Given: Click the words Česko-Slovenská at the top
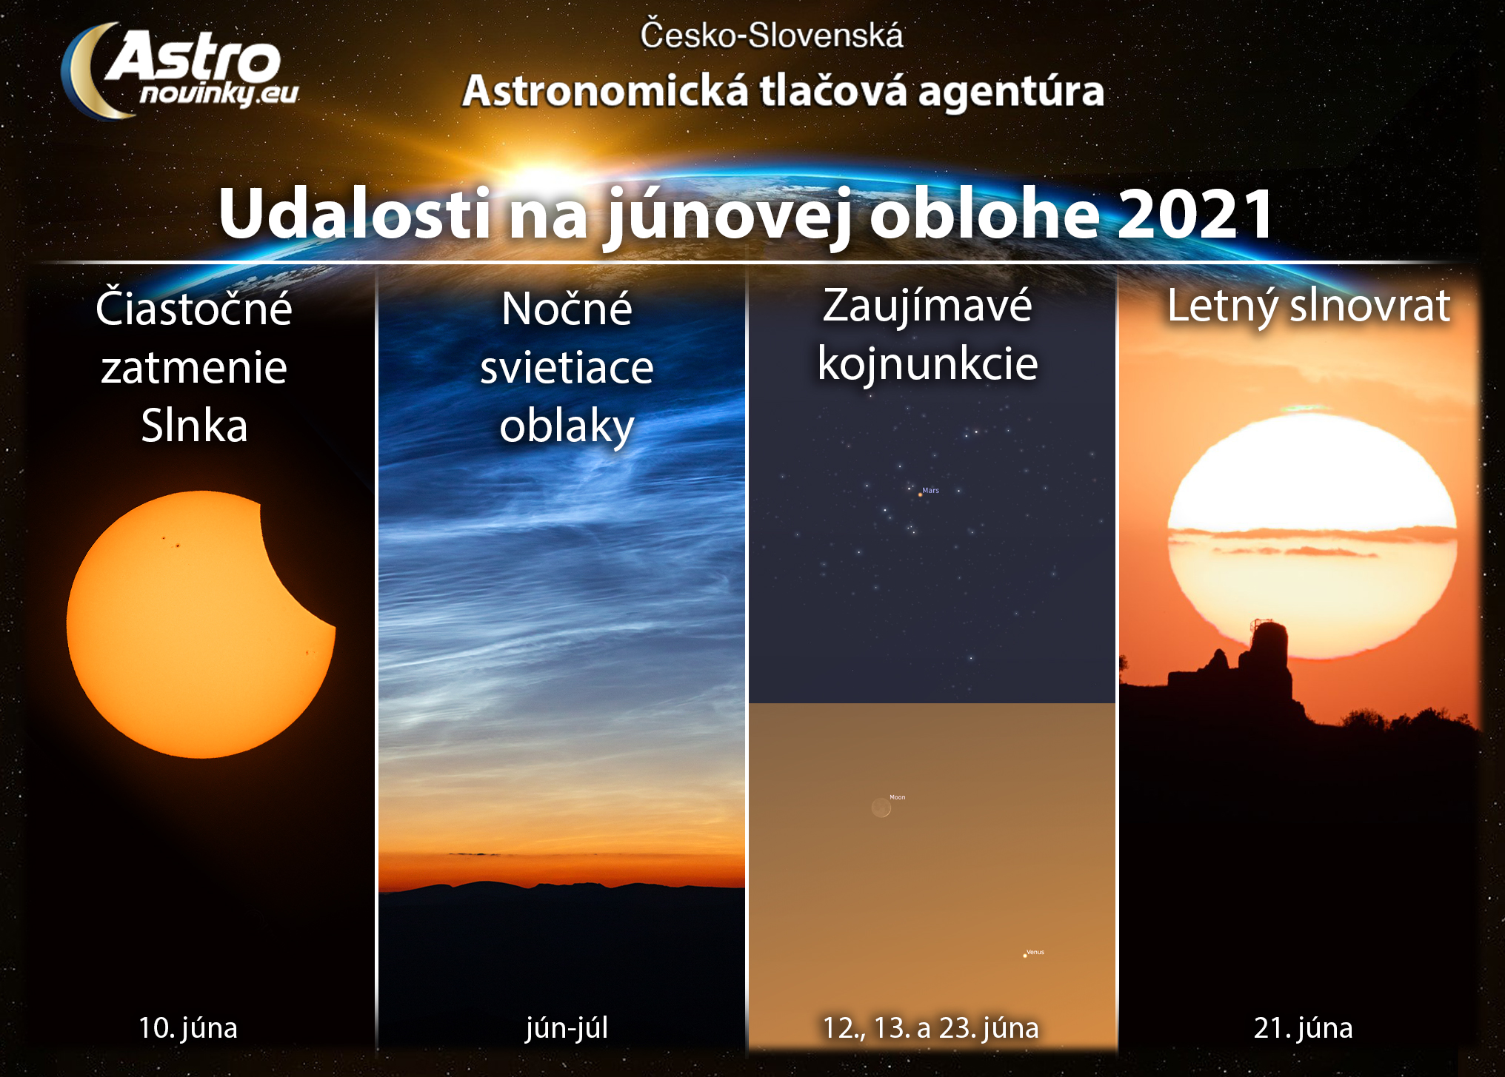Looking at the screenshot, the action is tap(772, 36).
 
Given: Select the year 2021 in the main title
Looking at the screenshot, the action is tap(1195, 214).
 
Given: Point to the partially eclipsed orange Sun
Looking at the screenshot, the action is tap(201, 624).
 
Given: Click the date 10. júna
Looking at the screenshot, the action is tap(188, 1027).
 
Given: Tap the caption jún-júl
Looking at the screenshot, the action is tap(567, 1028).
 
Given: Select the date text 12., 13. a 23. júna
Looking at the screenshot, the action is tap(931, 1028).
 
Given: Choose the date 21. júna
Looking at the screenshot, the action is tap(1304, 1028).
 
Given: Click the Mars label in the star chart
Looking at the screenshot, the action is tap(930, 490).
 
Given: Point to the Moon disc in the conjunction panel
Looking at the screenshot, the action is tap(881, 808).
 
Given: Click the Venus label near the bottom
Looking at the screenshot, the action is tap(1035, 952).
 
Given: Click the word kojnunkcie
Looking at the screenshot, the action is tap(928, 364).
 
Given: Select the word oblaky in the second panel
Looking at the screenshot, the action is tap(567, 427).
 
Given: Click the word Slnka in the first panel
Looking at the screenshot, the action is tap(194, 426).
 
